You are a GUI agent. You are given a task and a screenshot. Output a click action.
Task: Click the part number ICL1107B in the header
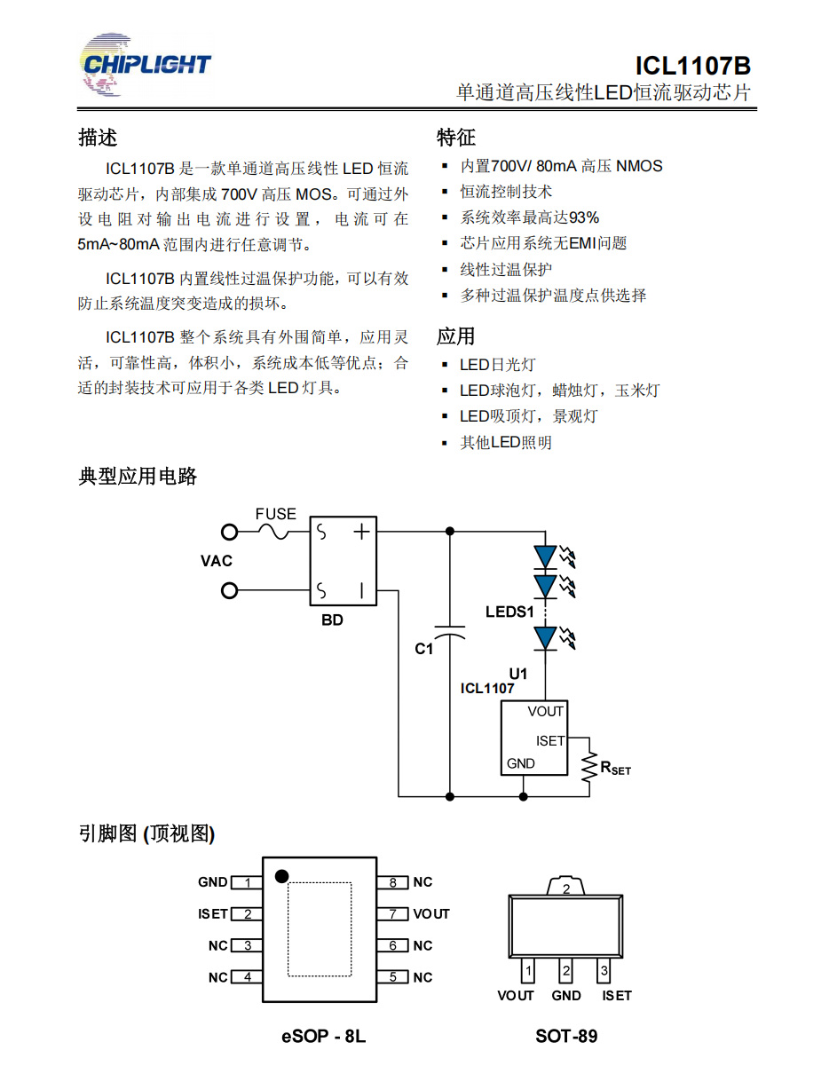coord(692,66)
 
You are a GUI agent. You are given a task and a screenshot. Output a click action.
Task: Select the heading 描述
coord(98,138)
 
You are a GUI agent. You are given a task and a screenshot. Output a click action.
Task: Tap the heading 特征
coord(456,138)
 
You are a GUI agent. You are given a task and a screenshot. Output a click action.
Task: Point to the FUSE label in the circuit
coord(276,514)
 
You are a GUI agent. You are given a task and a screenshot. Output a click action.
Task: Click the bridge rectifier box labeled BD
coord(343,561)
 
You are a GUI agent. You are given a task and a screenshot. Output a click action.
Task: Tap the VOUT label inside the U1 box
coord(545,711)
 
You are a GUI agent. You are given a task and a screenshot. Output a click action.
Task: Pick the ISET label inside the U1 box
coord(550,740)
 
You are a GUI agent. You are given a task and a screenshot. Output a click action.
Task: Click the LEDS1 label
coord(509,612)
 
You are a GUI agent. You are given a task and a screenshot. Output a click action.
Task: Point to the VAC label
coord(216,561)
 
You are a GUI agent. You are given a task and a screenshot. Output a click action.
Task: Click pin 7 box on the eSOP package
coord(393,913)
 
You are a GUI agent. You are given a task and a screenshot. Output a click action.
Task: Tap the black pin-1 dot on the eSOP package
coord(282,876)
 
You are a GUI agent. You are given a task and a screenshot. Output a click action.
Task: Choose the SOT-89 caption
coord(566,1036)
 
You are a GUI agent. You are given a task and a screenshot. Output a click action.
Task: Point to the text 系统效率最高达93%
coord(529,217)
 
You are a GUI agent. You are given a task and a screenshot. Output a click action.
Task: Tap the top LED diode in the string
coord(545,557)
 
